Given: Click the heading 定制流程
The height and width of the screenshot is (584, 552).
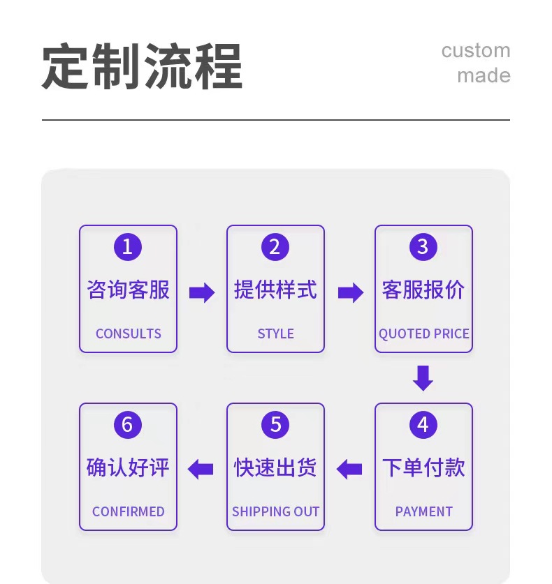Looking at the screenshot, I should [x=142, y=67].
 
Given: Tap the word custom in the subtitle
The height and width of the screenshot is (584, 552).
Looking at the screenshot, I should [x=475, y=51].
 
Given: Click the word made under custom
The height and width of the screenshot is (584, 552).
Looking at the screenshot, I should [x=484, y=75].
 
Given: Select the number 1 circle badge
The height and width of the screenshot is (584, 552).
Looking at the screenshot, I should [x=128, y=247].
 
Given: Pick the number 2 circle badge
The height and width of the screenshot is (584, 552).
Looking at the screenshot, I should [x=275, y=247].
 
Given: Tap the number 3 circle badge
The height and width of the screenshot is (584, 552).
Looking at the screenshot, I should [x=423, y=247].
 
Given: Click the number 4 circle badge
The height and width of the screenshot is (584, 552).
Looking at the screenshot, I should [x=423, y=425].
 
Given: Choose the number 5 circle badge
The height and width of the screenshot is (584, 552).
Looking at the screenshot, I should [x=275, y=425].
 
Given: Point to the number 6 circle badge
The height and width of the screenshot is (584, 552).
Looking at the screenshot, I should [x=128, y=425].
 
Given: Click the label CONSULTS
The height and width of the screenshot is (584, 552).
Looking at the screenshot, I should [x=128, y=334].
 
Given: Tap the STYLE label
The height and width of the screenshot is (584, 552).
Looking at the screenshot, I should [x=275, y=334].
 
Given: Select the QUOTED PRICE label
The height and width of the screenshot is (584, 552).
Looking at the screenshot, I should [x=423, y=334].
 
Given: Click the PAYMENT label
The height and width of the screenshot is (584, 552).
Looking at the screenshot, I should [x=423, y=511].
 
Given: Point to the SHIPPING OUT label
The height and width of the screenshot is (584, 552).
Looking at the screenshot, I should [x=275, y=511].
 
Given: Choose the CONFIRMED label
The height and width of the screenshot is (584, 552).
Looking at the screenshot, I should [x=128, y=511].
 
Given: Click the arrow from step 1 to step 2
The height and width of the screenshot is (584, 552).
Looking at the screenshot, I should [x=202, y=292].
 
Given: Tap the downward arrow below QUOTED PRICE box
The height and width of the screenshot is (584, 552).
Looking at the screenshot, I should [x=423, y=377].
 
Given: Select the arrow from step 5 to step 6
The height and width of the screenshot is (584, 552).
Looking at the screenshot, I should [x=201, y=469].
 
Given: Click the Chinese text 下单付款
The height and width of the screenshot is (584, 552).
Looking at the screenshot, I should [x=423, y=467].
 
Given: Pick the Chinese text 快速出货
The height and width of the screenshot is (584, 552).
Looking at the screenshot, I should [x=275, y=467].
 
